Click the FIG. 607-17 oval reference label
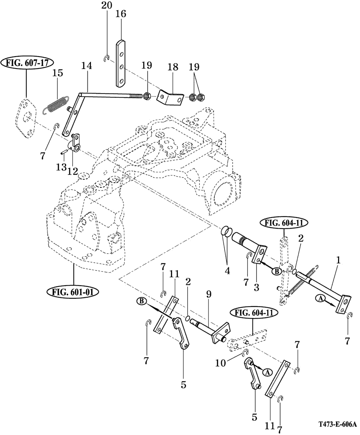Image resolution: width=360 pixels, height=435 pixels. point(27,63)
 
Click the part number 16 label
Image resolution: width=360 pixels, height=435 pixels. point(121,13)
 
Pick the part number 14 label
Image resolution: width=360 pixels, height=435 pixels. point(87,66)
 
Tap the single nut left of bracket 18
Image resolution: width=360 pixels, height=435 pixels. point(147,96)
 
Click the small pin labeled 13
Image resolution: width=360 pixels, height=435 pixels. point(63,152)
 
